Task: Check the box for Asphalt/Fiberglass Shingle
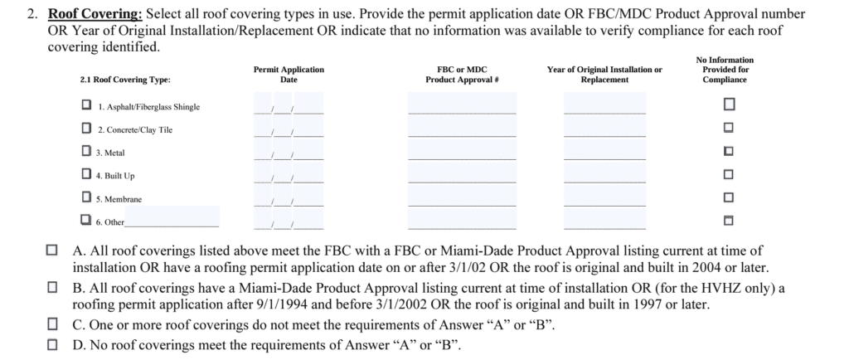click(x=86, y=106)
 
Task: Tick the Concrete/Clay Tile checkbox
click(x=86, y=129)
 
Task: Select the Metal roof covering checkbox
click(x=86, y=152)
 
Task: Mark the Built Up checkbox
click(x=86, y=175)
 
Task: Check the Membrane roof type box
click(x=86, y=197)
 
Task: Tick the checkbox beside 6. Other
click(x=86, y=221)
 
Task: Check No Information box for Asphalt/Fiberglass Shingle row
click(x=729, y=105)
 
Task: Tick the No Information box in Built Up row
click(x=729, y=175)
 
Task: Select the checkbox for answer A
click(x=53, y=250)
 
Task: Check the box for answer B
click(x=53, y=287)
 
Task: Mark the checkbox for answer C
click(x=53, y=324)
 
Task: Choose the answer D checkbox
click(x=53, y=343)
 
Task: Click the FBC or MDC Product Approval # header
click(x=461, y=75)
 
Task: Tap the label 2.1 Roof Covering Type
click(x=125, y=80)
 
